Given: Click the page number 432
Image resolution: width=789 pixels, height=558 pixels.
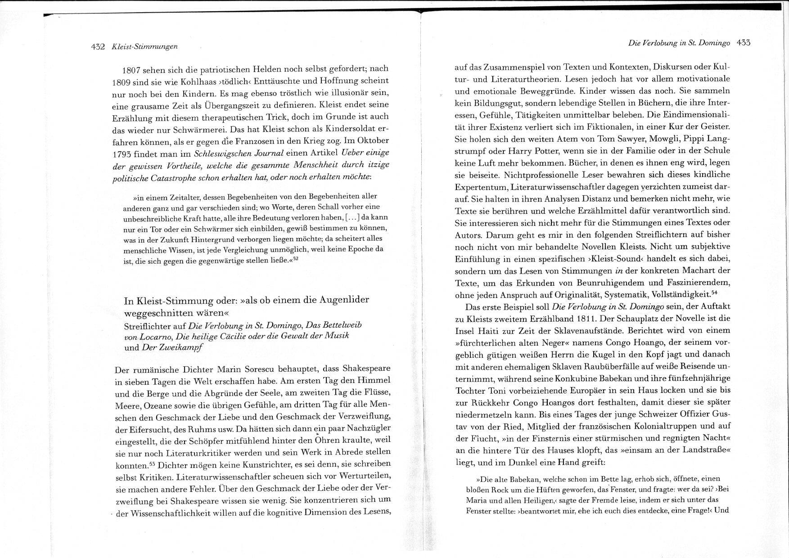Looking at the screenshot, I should pyautogui.click(x=98, y=46).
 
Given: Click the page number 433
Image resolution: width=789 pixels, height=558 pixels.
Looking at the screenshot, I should pyautogui.click(x=744, y=43).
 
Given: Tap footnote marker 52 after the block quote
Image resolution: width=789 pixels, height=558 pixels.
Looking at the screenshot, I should pyautogui.click(x=296, y=259).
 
